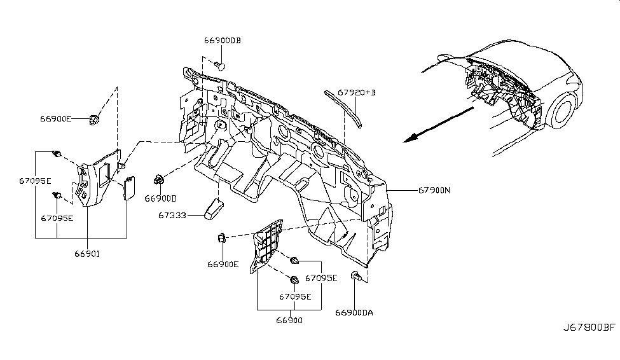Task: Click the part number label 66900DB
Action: coord(223,41)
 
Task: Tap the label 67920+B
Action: coord(357,92)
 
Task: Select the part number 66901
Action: coord(86,253)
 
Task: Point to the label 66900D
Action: coord(161,198)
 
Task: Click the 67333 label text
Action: coord(172,216)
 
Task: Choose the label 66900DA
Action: coord(354,312)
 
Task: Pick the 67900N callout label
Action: coord(434,190)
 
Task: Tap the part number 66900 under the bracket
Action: coord(289,321)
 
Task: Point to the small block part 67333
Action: coord(212,208)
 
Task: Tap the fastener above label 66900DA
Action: coord(355,277)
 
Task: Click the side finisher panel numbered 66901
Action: coord(95,178)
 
